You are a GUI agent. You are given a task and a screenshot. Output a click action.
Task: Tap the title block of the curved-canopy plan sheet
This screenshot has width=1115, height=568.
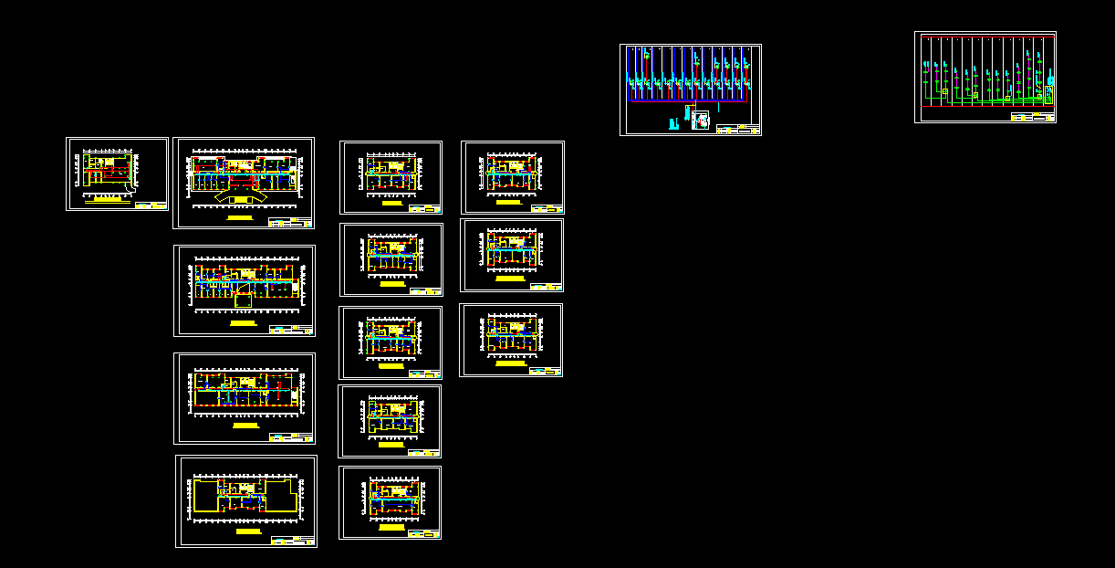pos(290,223)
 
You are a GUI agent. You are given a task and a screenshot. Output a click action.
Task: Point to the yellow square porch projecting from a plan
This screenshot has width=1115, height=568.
pos(243,300)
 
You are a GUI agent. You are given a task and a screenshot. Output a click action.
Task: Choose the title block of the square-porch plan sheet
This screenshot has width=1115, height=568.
pos(291,329)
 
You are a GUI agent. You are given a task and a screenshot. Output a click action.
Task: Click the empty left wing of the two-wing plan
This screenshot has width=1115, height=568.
pos(205,496)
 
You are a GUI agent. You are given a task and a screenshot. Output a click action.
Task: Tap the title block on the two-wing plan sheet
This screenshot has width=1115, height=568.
pos(293,541)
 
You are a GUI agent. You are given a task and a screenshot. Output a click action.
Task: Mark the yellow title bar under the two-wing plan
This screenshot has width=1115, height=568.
pos(247,531)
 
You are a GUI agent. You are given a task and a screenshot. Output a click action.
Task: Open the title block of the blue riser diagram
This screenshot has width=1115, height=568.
pos(738,130)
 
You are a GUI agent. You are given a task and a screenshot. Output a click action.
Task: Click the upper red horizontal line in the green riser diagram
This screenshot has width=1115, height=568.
pos(985,37)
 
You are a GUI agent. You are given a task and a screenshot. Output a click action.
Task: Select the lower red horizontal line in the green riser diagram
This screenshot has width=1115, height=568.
pos(985,107)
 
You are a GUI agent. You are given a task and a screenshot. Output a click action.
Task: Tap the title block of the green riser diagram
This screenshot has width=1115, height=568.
pos(1033,117)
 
